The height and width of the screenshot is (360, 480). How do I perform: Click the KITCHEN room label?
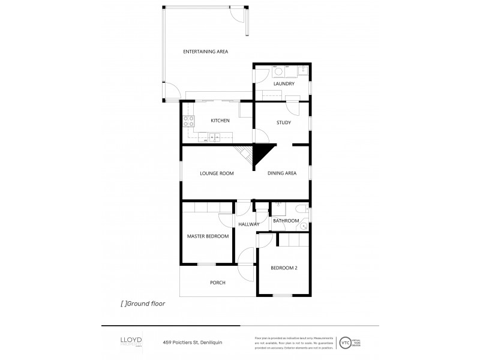tap(220, 121)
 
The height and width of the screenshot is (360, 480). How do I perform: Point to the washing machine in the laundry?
tap(279, 71)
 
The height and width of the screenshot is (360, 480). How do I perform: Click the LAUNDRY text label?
tap(284, 84)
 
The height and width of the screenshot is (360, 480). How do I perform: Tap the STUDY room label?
tap(284, 123)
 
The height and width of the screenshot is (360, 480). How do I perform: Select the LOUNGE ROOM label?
tap(217, 173)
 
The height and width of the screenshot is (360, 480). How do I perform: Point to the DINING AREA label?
tap(282, 173)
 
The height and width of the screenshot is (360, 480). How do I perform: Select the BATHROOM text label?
tap(286, 221)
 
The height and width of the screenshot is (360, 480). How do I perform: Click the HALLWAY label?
tap(248, 224)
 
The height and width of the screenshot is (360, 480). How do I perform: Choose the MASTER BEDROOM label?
tap(208, 236)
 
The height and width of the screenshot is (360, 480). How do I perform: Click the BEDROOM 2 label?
tap(284, 268)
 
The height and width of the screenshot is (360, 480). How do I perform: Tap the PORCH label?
tap(217, 283)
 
